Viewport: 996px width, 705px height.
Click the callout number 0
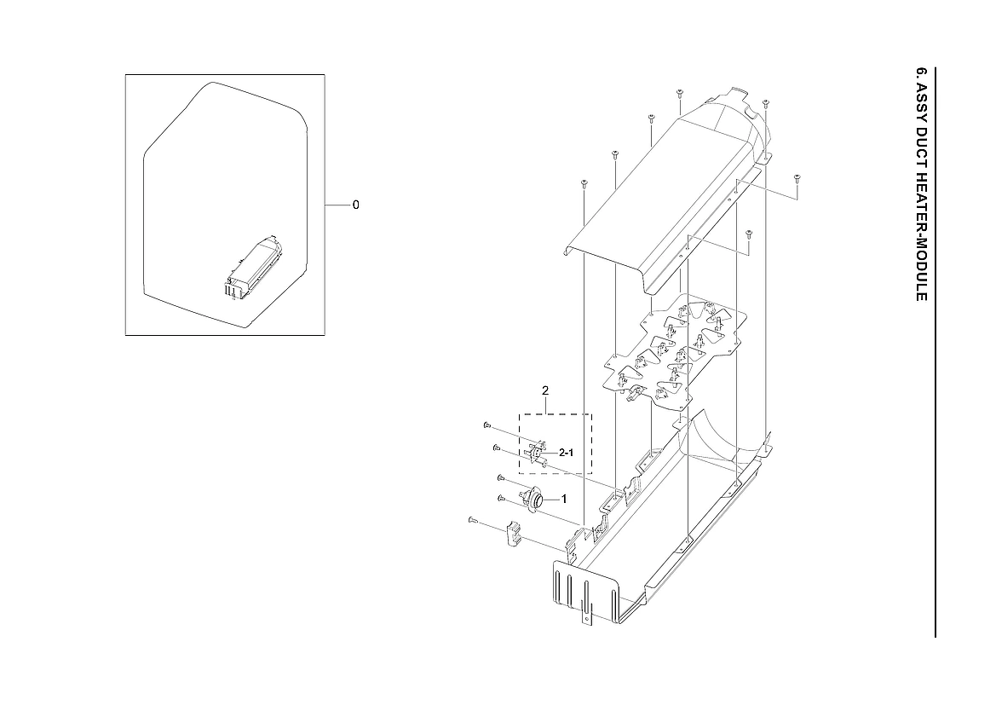pos(355,205)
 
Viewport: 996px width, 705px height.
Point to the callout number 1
pos(563,498)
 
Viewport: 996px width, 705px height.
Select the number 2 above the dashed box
pos(545,390)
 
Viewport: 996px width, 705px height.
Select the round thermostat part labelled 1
pos(537,498)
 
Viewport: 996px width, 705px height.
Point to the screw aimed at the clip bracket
pos(470,519)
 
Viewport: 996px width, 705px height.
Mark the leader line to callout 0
pos(337,205)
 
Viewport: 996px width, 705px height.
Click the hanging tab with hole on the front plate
pos(586,612)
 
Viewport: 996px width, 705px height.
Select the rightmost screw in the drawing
pos(797,178)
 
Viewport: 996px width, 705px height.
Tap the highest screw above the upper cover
pos(679,92)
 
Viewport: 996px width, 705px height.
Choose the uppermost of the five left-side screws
pos(486,425)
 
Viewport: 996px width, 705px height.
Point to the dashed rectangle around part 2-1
pos(591,443)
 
